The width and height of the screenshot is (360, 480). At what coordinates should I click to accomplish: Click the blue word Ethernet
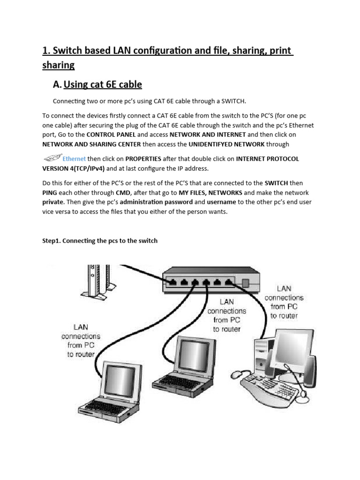(74, 159)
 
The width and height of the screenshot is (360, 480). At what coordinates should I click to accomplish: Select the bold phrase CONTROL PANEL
(114, 135)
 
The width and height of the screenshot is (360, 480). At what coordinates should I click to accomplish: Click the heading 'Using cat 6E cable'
(102, 85)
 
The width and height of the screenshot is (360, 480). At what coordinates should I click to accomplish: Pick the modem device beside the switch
(96, 281)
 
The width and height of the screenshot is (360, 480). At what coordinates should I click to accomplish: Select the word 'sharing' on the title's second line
(59, 65)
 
